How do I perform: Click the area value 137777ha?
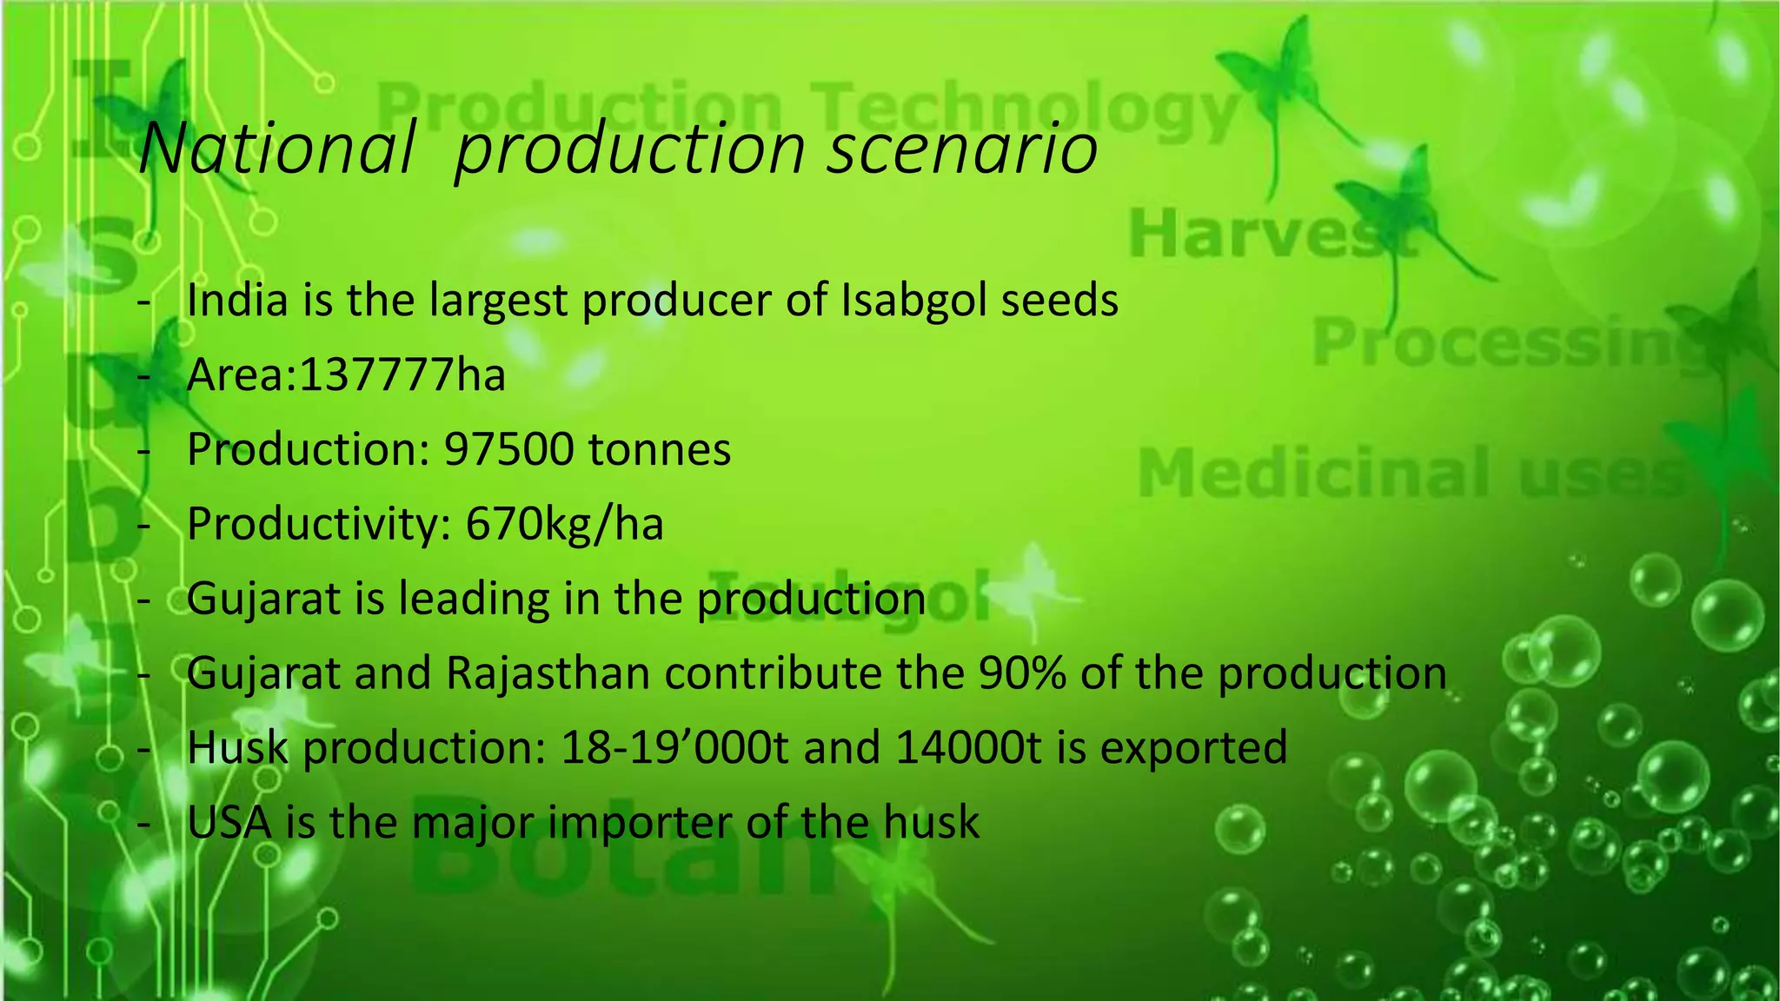coord(402,375)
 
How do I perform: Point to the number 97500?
coord(509,450)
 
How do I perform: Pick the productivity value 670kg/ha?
coord(565,525)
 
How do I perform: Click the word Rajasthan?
coord(548,673)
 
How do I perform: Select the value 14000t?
coord(968,748)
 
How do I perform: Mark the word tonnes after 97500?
coord(660,450)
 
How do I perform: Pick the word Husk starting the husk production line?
coord(237,748)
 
